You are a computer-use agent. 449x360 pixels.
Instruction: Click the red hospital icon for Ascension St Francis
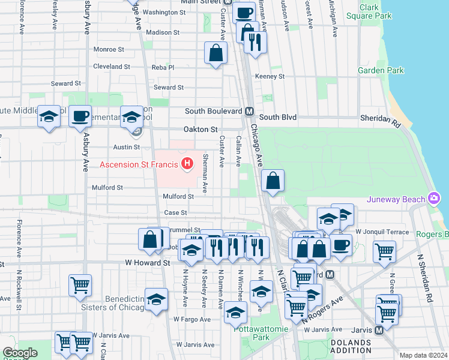click(188, 163)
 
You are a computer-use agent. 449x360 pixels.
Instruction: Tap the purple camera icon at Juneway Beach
click(435, 199)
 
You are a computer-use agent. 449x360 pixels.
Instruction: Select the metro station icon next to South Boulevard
click(249, 111)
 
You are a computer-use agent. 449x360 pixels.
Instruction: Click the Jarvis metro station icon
click(379, 330)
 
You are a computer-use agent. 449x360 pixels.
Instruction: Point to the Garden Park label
click(381, 70)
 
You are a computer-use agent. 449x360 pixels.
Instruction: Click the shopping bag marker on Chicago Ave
click(273, 180)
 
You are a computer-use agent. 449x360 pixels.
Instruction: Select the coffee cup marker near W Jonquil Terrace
click(341, 244)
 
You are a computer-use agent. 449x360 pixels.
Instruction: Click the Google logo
click(20, 353)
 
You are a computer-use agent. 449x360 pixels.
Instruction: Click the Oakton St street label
click(200, 129)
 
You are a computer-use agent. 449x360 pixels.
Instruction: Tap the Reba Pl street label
click(162, 68)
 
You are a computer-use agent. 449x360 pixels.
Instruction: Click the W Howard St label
click(147, 263)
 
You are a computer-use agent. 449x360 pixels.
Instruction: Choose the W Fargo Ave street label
click(190, 319)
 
